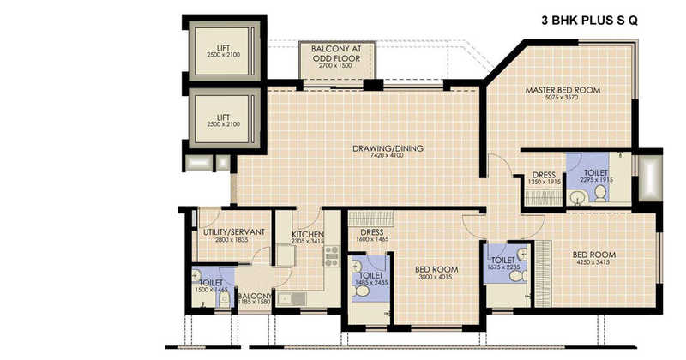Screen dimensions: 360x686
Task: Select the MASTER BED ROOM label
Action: [x=563, y=89]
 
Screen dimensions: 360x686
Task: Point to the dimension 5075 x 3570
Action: [x=563, y=98]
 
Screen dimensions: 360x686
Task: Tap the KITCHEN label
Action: [x=306, y=234]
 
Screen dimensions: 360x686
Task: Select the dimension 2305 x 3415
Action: [x=306, y=242]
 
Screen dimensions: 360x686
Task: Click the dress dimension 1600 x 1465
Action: [x=370, y=240]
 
